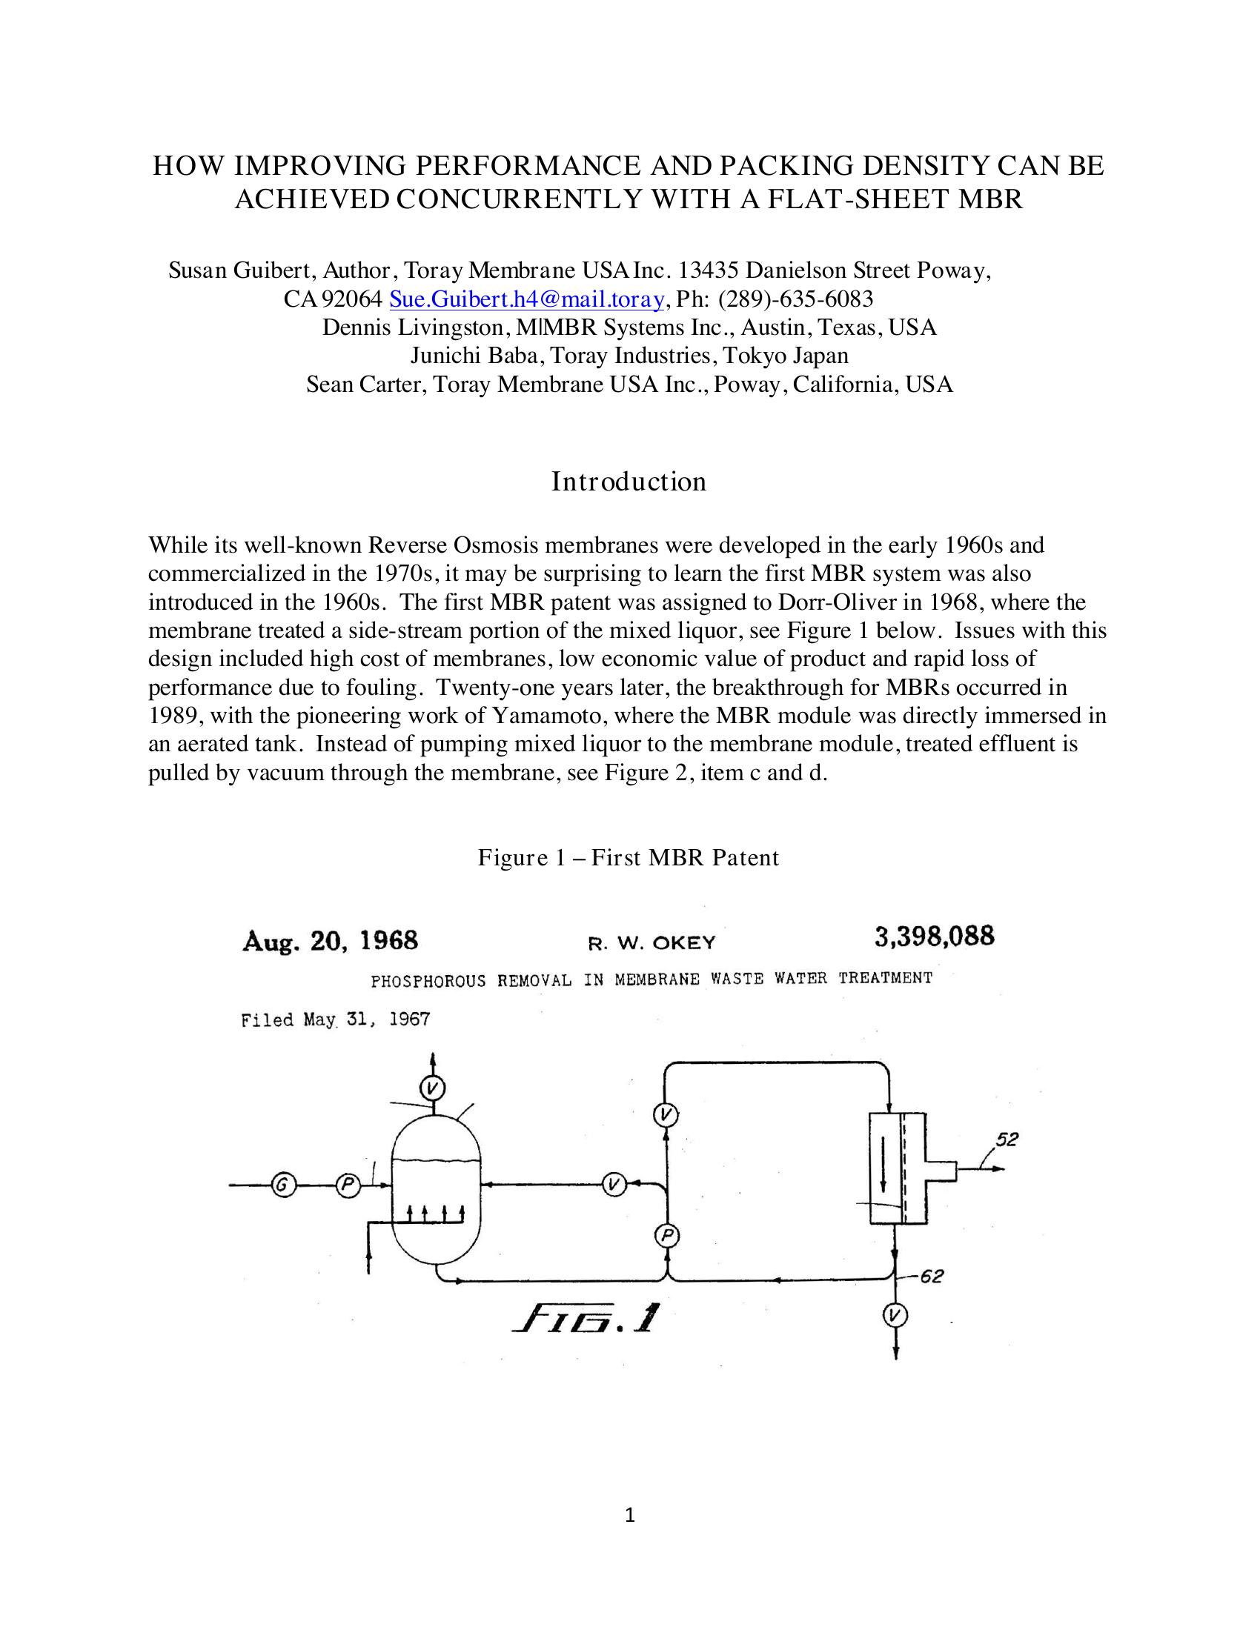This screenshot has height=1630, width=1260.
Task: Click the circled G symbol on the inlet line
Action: click(x=283, y=1184)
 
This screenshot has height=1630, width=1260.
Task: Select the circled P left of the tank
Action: click(x=347, y=1184)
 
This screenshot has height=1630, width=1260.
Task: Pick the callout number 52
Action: click(x=1007, y=1140)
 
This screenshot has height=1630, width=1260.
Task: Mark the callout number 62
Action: click(x=931, y=1277)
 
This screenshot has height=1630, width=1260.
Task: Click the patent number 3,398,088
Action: click(x=934, y=937)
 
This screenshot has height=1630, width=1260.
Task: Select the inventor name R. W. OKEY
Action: click(x=651, y=943)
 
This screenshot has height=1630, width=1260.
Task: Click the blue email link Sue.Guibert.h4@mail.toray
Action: click(x=526, y=299)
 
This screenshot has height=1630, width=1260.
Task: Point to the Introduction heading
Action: click(x=629, y=482)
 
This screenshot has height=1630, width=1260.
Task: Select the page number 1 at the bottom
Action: click(x=629, y=1514)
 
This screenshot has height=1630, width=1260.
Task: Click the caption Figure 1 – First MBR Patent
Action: click(x=629, y=857)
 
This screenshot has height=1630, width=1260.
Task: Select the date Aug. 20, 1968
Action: click(x=330, y=940)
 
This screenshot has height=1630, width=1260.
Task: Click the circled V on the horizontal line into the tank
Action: click(x=614, y=1184)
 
